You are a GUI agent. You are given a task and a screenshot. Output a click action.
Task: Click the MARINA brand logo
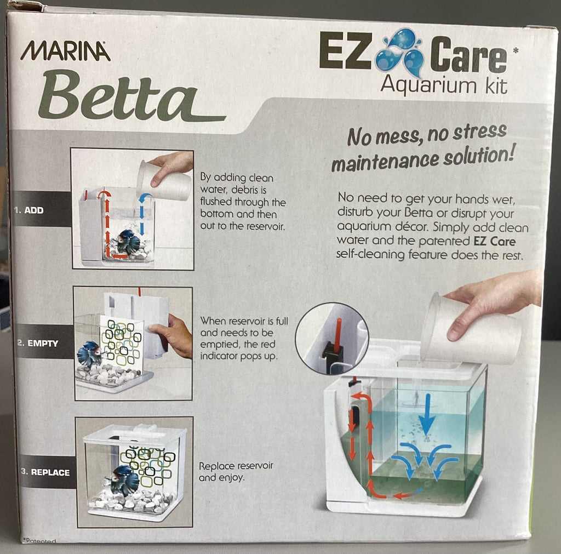65,51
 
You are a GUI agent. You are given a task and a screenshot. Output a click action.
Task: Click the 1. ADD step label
29,210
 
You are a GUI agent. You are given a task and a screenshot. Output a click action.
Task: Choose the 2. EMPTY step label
38,343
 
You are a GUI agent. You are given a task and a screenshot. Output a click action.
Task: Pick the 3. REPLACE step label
45,472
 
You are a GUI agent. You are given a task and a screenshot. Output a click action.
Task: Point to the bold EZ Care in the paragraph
495,241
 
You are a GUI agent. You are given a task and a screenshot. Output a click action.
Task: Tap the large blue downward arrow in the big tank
426,414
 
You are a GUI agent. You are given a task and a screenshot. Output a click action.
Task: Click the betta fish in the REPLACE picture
121,479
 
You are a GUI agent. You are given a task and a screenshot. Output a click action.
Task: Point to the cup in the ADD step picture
164,180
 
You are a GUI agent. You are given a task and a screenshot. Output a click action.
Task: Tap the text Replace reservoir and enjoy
236,471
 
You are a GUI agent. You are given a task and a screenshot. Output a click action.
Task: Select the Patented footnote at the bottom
39,541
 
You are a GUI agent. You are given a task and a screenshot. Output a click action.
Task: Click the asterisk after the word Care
515,50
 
